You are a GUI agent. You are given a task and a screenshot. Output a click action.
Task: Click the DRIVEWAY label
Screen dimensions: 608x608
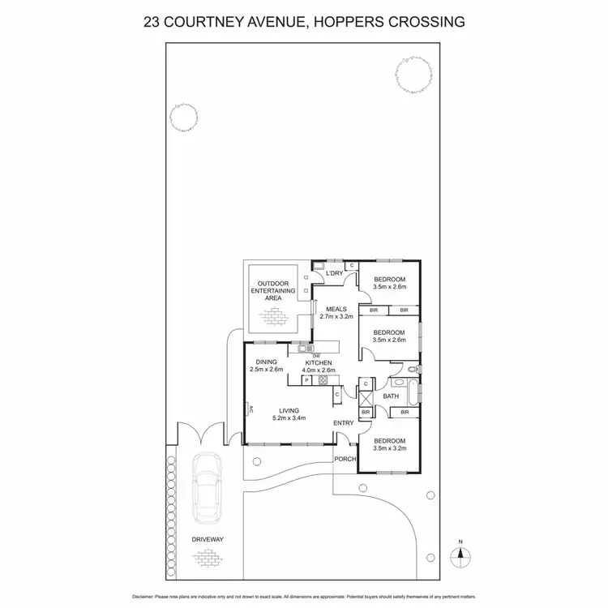(208, 538)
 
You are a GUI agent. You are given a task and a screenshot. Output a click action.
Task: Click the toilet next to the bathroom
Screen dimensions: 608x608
(412, 370)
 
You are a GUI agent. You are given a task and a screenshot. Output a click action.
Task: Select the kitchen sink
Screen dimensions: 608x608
(303, 349)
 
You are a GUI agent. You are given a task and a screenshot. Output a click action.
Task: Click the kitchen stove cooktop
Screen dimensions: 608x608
(322, 379)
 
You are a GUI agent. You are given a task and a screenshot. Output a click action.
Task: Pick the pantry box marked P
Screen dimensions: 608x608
(307, 379)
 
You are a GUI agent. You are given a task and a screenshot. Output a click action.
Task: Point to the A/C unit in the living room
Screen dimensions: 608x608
(248, 410)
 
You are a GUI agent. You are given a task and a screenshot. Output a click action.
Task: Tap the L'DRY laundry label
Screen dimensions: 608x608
(335, 274)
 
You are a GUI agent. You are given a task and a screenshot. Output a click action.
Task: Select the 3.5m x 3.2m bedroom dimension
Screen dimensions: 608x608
(388, 447)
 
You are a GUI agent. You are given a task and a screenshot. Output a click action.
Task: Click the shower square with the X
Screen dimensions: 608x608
(366, 398)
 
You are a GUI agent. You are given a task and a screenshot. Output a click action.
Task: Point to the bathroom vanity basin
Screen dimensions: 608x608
(398, 381)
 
